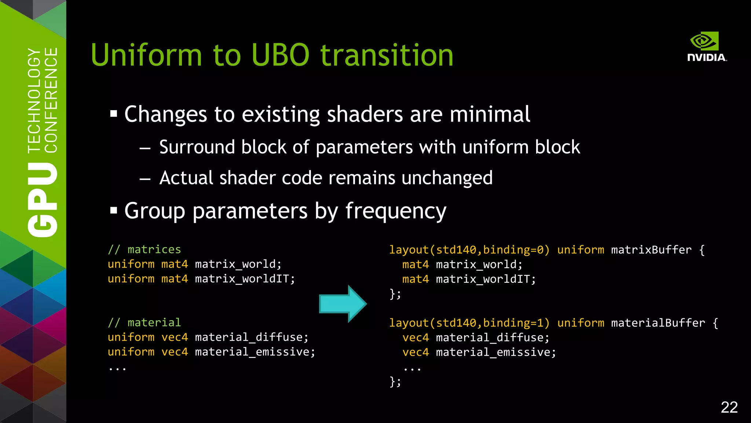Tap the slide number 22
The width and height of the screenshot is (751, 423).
[729, 407]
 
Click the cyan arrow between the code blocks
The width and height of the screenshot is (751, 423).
[342, 304]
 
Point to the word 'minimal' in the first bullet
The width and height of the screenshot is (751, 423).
[490, 114]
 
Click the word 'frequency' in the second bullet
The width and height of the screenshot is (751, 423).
[396, 211]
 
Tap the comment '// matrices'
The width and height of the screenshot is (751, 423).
[144, 250]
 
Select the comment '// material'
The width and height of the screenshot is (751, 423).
[144, 322]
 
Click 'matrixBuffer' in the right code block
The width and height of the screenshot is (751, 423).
[651, 250]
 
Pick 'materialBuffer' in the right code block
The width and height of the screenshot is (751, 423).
[658, 323]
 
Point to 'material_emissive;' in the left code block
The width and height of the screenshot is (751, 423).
[255, 352]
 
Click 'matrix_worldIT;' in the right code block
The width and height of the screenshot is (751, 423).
[486, 279]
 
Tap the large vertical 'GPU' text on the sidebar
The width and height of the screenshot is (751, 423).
[43, 200]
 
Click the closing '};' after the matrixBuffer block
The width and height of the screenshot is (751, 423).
[395, 294]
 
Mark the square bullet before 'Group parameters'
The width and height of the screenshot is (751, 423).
[114, 211]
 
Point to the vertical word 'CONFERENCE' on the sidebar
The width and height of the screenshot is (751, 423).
[51, 100]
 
